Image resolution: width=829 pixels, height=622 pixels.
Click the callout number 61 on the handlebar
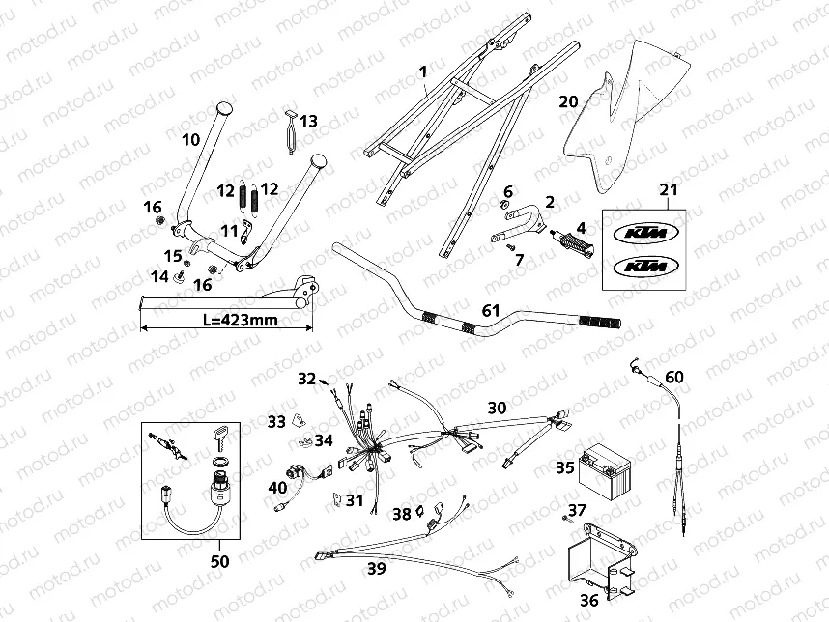(492, 310)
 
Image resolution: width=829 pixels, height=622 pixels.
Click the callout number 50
(219, 561)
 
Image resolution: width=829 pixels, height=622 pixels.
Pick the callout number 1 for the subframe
(422, 71)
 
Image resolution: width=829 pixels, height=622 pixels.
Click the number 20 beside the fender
(568, 100)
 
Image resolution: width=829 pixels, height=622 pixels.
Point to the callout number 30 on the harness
(496, 408)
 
